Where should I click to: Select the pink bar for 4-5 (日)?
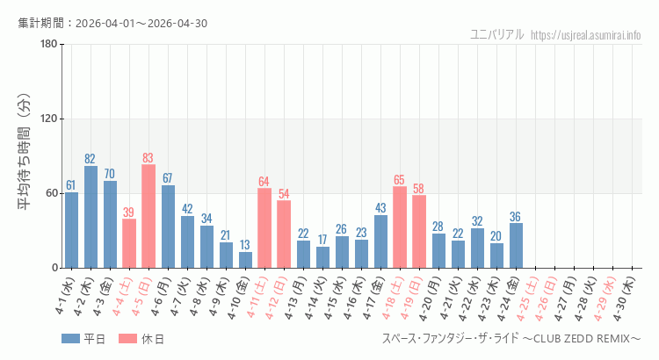[148, 216]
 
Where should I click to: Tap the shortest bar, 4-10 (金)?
[245, 260]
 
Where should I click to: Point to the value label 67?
[167, 178]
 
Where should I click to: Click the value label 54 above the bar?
[284, 193]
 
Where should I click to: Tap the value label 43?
[380, 208]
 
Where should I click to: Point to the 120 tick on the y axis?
[47, 119]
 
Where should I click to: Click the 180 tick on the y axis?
[47, 45]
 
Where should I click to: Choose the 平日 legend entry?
[84, 339]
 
